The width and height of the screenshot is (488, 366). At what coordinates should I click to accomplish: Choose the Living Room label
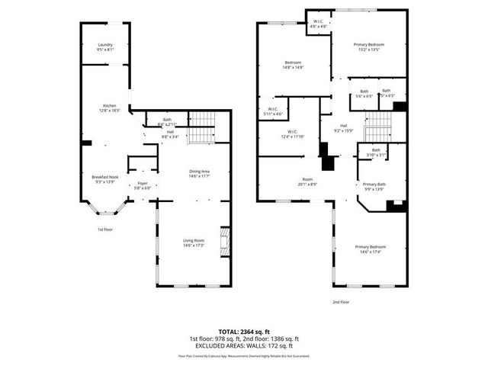coord(194,242)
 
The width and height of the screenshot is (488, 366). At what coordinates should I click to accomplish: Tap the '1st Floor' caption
coord(104,229)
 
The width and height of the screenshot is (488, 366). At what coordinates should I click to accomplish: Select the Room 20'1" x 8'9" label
coord(307,181)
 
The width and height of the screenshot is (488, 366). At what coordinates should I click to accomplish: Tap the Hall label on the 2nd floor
coord(343,128)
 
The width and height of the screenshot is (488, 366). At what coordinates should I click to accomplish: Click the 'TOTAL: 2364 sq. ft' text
coord(244,332)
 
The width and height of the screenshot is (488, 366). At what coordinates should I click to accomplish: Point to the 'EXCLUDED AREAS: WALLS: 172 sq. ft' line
coord(244,346)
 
